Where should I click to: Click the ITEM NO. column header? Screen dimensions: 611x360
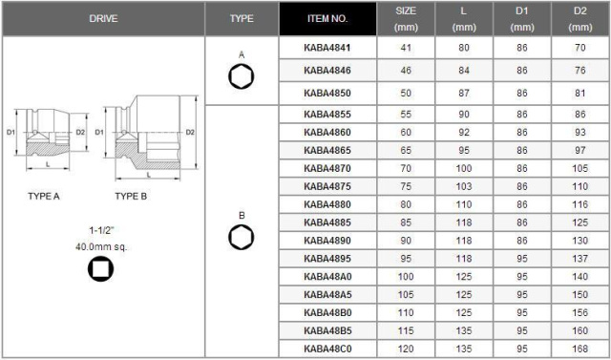[x=327, y=19]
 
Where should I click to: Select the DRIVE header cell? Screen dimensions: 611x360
[x=104, y=19]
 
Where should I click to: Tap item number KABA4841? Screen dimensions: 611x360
[x=327, y=48]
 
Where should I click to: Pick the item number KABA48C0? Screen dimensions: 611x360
[x=327, y=349]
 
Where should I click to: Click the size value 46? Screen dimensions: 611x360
[x=406, y=71]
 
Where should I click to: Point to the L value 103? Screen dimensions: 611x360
[x=464, y=186]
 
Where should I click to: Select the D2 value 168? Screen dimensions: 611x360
[x=580, y=349]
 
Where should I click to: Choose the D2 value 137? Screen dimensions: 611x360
[x=580, y=259]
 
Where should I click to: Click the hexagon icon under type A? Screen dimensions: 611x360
[x=242, y=76]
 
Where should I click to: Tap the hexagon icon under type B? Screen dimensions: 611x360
[x=242, y=237]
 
